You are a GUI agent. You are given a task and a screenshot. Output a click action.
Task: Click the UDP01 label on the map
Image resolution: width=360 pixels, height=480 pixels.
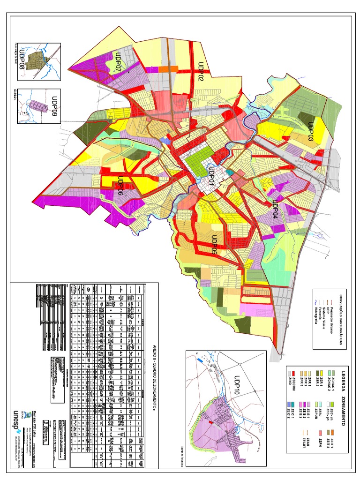click(x=212, y=177)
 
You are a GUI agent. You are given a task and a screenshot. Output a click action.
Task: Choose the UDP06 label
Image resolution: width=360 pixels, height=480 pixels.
click(x=120, y=186)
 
